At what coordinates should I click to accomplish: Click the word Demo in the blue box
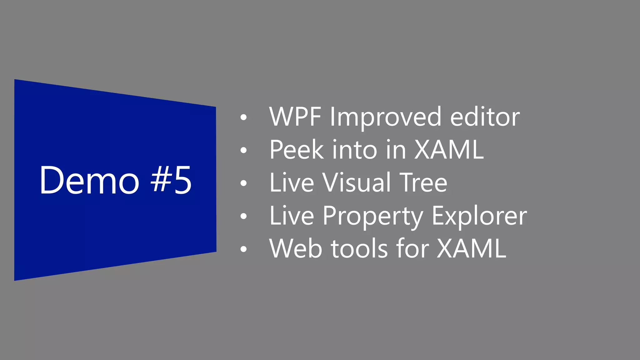click(89, 180)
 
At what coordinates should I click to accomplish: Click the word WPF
click(295, 117)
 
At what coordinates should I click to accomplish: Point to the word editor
click(485, 117)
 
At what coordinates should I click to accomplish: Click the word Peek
click(297, 150)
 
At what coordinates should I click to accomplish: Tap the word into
click(355, 150)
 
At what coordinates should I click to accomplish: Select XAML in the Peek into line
click(449, 150)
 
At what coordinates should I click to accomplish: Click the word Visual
click(357, 182)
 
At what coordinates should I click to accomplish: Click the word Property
click(373, 216)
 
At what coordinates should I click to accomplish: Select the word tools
click(359, 248)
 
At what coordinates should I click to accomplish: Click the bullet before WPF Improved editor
click(243, 117)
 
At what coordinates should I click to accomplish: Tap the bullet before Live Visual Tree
click(243, 183)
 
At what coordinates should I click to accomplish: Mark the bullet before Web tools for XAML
click(243, 249)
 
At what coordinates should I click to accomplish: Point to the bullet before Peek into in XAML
click(243, 150)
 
